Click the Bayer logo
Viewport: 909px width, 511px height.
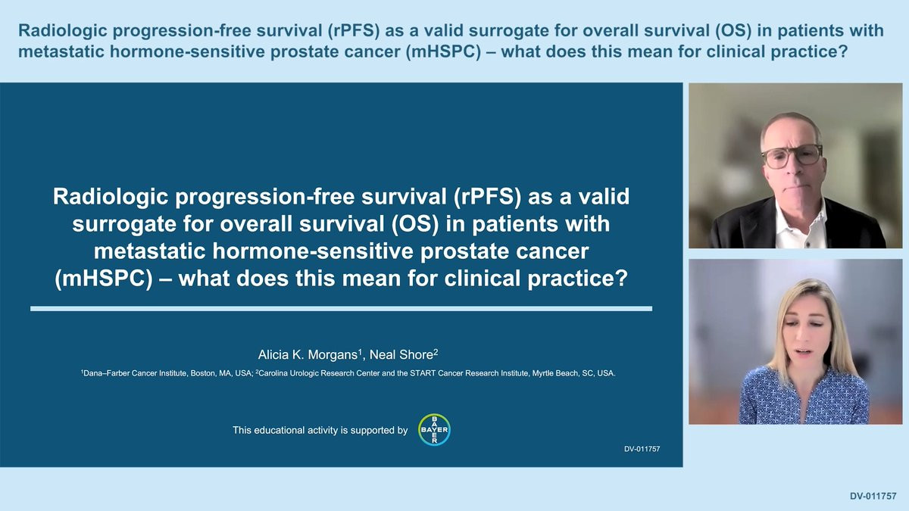click(434, 429)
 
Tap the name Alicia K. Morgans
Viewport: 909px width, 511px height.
click(308, 355)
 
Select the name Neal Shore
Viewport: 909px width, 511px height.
click(401, 355)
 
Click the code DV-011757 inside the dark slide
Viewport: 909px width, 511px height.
click(642, 449)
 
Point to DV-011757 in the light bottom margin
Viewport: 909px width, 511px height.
click(873, 496)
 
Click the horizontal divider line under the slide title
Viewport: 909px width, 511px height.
click(342, 309)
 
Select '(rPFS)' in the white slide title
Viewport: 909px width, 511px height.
click(487, 197)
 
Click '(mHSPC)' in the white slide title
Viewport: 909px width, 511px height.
click(104, 279)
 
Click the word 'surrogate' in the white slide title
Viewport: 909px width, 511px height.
click(124, 225)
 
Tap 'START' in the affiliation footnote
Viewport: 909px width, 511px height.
click(423, 373)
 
